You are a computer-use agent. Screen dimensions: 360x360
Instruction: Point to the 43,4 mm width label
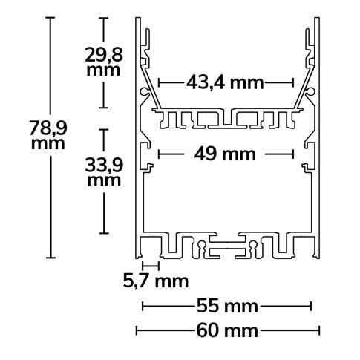[226, 83]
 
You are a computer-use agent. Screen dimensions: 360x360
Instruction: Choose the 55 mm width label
[226, 305]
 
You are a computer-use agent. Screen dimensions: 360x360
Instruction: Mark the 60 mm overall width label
[226, 330]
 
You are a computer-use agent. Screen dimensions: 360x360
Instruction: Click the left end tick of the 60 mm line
[136, 330]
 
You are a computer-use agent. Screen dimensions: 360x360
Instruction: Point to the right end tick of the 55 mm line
[311, 305]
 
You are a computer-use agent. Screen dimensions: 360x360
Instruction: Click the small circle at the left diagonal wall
[143, 91]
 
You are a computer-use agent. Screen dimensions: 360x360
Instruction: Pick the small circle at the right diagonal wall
[310, 91]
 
